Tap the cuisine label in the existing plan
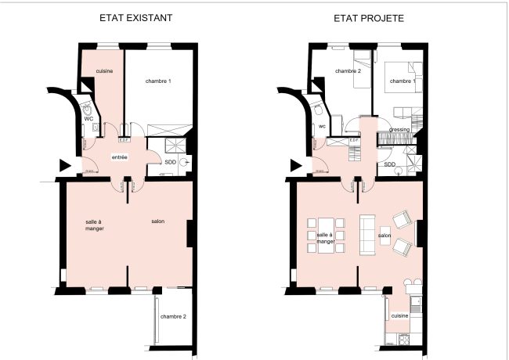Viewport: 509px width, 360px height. click(x=105, y=71)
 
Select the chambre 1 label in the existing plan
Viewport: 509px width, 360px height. click(x=158, y=81)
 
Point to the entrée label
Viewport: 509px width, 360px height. click(x=120, y=157)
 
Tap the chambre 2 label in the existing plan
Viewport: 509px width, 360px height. click(x=172, y=316)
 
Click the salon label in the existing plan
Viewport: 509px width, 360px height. click(x=157, y=222)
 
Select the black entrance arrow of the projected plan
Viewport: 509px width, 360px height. click(x=296, y=165)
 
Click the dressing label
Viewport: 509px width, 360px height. click(x=399, y=129)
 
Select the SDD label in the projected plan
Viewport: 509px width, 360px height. click(x=389, y=164)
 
